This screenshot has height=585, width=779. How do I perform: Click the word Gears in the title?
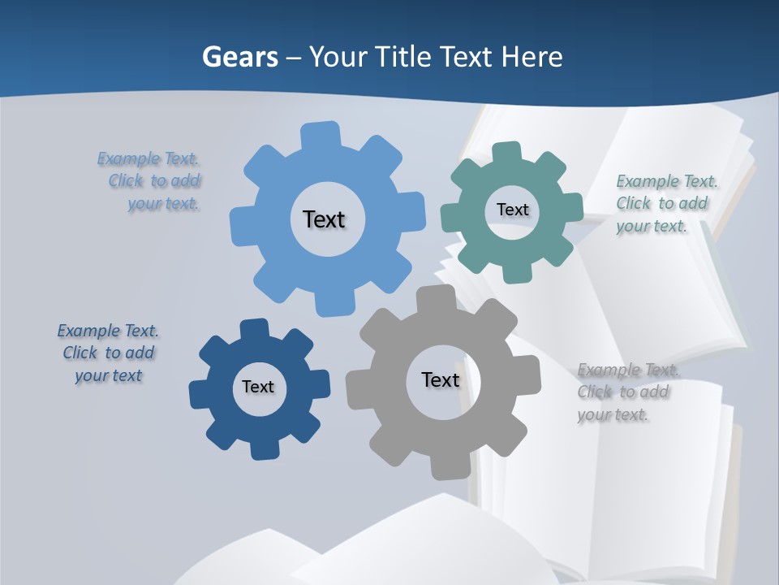click(240, 57)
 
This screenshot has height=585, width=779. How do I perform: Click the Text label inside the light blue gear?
click(324, 219)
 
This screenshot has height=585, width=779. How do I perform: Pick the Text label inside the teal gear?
click(512, 210)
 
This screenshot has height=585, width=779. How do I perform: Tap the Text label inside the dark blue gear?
click(258, 388)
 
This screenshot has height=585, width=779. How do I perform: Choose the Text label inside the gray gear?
click(441, 379)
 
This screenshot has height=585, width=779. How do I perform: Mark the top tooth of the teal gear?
click(507, 154)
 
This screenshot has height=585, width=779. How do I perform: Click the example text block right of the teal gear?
click(665, 204)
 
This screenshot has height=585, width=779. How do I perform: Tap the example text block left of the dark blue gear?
click(109, 353)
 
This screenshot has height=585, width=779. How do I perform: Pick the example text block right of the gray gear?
click(626, 392)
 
